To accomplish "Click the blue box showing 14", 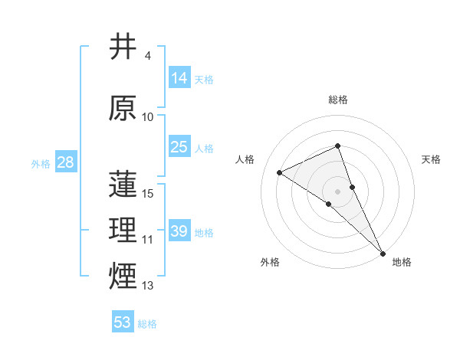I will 179,77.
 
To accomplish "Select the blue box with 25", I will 179,147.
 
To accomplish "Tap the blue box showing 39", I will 179,231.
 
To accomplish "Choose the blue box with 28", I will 65,162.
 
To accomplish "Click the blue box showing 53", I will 122,322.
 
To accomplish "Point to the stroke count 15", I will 149,194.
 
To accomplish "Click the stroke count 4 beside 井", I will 147,56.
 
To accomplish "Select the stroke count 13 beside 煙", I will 148,286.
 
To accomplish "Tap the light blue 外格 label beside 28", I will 40,163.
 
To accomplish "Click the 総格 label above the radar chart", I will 337,100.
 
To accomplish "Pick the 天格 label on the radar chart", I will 432,159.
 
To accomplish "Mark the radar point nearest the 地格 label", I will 383,252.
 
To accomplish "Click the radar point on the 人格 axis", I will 280,172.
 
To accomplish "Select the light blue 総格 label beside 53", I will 147,324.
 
